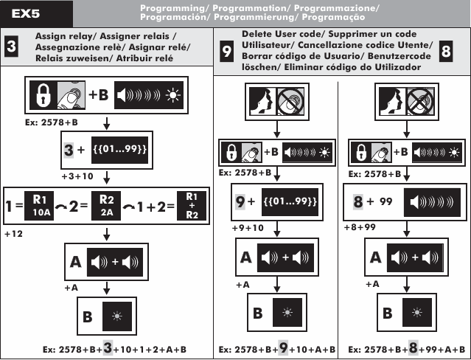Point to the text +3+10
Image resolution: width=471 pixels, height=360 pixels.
[77, 177]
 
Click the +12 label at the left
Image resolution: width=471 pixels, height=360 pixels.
[13, 233]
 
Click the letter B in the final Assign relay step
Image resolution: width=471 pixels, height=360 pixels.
[88, 318]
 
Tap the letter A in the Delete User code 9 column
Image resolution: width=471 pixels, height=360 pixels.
[247, 259]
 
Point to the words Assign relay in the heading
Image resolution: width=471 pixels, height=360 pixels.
[59, 35]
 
